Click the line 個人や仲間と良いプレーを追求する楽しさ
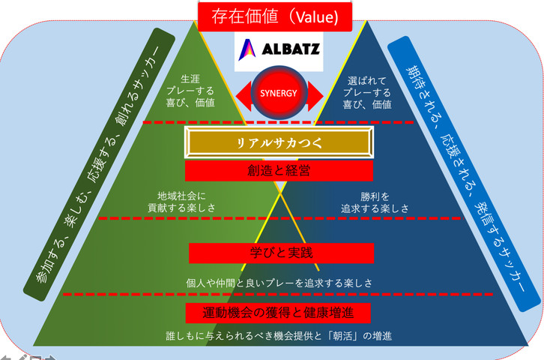pos(279,283)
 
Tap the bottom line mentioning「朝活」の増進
pos(279,335)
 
